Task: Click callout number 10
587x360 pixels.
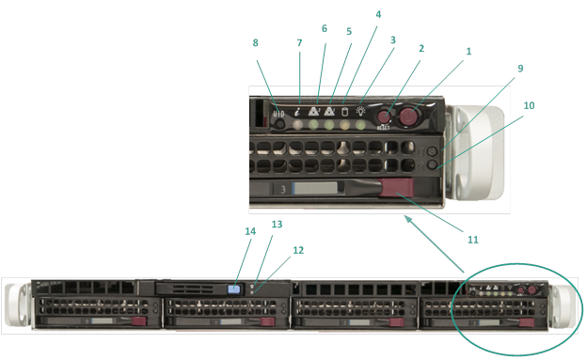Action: pos(529,105)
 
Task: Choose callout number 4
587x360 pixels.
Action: pos(378,15)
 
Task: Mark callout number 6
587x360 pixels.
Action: pos(325,29)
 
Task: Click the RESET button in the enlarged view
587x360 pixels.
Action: pos(384,117)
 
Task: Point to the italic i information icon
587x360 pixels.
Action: pos(298,110)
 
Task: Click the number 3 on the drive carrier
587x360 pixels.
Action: pos(281,189)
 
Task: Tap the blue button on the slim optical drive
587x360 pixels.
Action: pos(235,290)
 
